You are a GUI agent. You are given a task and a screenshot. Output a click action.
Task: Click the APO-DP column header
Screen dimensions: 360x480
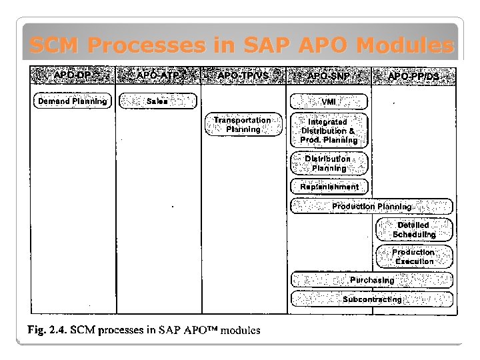point(73,75)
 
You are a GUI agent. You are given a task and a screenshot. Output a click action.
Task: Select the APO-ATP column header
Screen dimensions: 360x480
point(158,75)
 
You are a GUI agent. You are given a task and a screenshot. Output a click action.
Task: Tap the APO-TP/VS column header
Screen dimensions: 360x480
point(243,75)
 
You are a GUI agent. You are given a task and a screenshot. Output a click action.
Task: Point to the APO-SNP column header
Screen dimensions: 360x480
point(329,76)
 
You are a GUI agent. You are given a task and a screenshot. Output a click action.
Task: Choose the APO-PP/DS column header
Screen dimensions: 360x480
point(414,76)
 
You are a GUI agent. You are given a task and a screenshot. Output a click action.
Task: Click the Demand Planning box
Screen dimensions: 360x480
point(73,101)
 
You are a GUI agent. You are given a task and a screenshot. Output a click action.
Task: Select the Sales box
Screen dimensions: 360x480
point(158,101)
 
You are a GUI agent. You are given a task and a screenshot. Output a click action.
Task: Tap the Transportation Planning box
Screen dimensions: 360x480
point(243,125)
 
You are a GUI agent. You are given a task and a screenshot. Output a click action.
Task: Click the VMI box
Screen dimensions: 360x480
point(329,101)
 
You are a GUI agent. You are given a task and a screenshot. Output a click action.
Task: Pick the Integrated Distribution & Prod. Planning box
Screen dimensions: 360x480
point(329,131)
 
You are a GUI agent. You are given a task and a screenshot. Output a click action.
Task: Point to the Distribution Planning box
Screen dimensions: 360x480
point(329,163)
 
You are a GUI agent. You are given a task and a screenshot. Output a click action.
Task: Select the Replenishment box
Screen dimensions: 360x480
point(329,187)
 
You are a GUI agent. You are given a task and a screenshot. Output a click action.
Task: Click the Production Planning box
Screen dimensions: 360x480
point(372,207)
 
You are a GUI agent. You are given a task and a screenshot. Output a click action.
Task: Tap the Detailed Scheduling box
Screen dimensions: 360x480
point(414,229)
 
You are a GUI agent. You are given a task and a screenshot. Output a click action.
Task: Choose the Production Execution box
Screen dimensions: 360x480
point(414,257)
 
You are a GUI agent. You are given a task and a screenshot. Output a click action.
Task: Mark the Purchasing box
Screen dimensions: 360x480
point(372,280)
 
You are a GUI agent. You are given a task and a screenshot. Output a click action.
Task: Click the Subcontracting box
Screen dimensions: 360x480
point(372,299)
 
